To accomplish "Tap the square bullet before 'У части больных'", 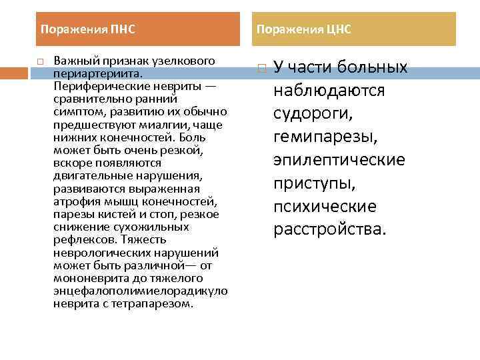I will [x=263, y=68].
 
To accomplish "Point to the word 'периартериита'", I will [x=93, y=73].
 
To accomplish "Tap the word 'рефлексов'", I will [x=80, y=239].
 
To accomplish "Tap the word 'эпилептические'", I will [x=339, y=161].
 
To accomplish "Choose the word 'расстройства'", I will [x=329, y=230].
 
